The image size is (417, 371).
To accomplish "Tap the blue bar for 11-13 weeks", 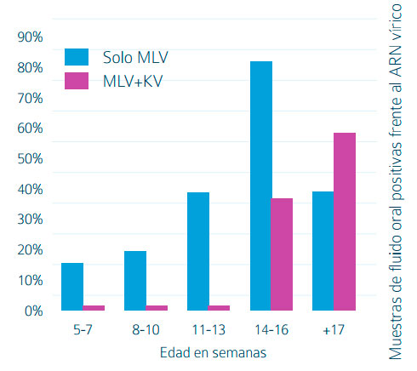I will pos(197,251).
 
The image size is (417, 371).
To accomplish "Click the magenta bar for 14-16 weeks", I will pos(282,254).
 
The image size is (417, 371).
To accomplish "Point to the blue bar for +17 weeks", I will pos(323,251).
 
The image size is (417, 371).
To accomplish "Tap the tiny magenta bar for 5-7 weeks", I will pos(94,307).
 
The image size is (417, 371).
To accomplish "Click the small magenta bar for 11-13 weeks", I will pos(219,307).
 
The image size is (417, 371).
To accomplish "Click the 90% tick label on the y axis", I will pos(31,37).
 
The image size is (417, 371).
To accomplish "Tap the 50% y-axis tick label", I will pos(31,159).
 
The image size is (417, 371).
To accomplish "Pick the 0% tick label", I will pos(34,311).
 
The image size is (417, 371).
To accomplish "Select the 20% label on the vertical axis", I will pos(31,250).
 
